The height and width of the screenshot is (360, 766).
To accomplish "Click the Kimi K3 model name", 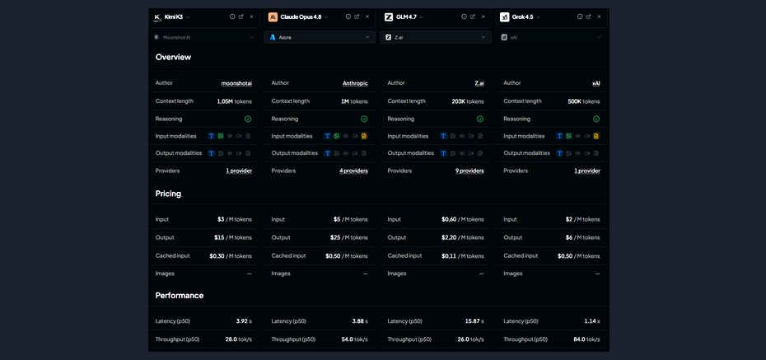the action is point(174,16).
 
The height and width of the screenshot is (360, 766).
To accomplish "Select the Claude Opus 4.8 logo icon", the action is point(273,17).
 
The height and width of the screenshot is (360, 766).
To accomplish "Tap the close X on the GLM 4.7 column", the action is point(483,16).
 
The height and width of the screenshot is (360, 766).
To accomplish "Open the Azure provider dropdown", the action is point(320,37).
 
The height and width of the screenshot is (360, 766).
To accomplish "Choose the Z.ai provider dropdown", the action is point(435,37).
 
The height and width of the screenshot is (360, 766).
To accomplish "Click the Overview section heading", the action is point(174,57).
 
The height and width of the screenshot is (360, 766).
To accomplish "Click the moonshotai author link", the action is point(236,83).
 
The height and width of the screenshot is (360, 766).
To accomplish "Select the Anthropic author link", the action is point(355,83).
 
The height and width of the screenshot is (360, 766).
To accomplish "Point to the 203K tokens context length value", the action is point(468,101).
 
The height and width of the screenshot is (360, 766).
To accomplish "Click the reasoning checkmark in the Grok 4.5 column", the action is point(596,119).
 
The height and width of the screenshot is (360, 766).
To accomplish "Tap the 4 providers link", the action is point(353,171).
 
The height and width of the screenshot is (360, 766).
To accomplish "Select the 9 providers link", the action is point(469,171).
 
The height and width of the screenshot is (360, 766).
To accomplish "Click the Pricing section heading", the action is point(168,194).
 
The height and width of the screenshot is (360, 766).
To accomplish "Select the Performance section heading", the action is point(180,296).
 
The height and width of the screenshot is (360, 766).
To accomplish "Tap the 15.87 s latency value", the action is point(474,321).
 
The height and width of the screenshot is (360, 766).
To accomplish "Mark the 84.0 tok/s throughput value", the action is point(586,339).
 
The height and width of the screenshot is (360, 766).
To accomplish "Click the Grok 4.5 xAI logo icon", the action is point(505,17).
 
